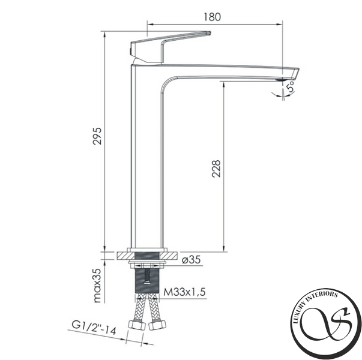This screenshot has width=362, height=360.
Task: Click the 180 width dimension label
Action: tap(212, 17)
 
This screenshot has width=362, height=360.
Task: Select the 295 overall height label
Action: tap(97, 136)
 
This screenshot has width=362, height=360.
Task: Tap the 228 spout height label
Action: tap(216, 169)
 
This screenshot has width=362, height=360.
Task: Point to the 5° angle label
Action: tap(291, 87)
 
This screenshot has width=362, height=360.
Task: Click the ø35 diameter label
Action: tap(192, 260)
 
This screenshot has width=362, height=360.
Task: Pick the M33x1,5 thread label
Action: tap(184, 292)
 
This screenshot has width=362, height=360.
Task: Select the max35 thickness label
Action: tap(97, 286)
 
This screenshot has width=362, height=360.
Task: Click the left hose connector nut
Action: tap(136, 325)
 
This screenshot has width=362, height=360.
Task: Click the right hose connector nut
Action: tap(157, 325)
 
